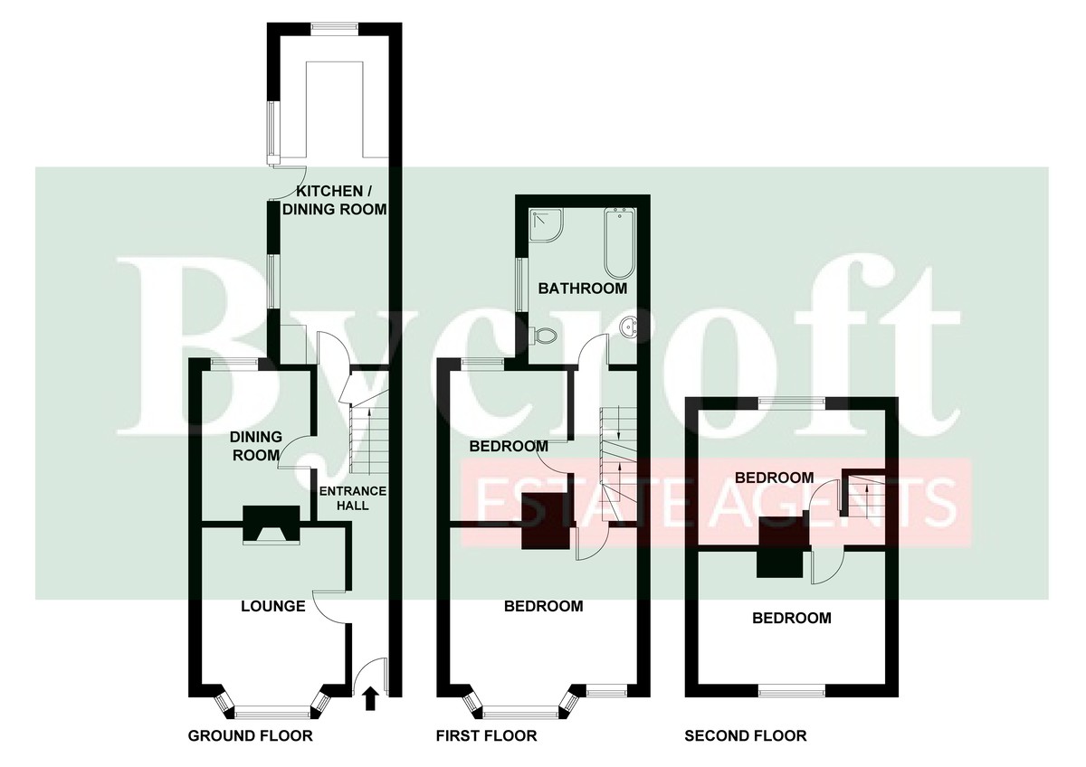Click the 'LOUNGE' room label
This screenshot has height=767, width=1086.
[273, 606]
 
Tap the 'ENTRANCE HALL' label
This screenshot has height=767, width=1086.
[353, 498]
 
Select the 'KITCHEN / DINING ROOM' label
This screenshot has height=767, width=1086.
[335, 200]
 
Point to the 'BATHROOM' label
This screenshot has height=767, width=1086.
[583, 289]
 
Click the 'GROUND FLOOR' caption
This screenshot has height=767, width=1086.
[250, 736]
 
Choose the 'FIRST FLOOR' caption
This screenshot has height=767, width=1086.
[486, 736]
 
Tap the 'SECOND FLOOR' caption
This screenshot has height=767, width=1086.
[746, 736]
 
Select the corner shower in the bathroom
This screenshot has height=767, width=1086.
[546, 225]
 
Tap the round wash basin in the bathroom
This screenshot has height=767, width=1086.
[629, 329]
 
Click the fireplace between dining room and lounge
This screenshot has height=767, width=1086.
[271, 525]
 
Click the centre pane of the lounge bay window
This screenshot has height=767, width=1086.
[271, 712]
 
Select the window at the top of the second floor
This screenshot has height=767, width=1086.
[792, 402]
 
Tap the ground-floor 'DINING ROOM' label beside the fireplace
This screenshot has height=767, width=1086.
[255, 446]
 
